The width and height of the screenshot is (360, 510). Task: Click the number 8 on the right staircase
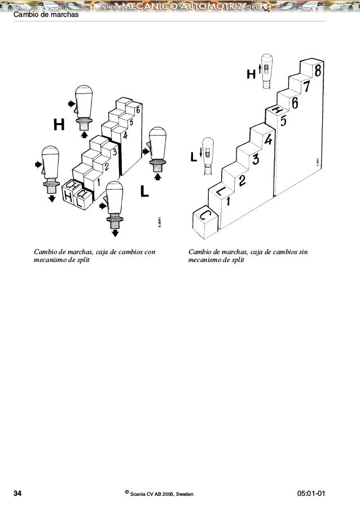pos(319,72)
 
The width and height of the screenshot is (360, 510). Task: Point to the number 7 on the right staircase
pos(306,88)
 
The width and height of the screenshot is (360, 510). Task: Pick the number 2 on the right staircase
pos(242,181)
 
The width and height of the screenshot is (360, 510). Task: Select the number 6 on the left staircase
pos(138,109)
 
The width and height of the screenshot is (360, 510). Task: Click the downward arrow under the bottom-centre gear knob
pos(115,232)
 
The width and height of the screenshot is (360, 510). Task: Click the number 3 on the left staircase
pos(114,152)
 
